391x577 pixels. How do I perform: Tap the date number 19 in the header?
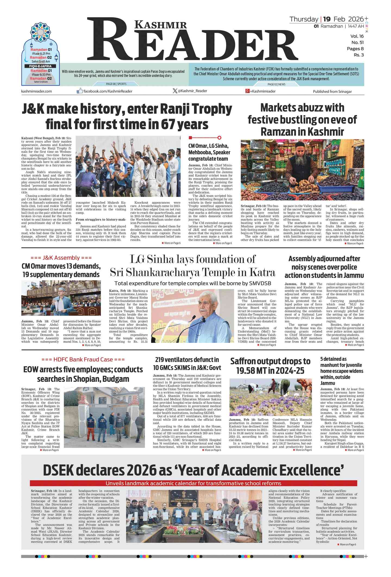(327, 19)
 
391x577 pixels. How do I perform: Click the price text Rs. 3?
(358, 55)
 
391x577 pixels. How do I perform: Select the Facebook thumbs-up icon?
(80, 91)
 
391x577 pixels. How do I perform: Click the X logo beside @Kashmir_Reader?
(175, 91)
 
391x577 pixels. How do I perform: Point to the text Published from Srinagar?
(332, 91)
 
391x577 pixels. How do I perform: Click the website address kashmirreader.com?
(36, 91)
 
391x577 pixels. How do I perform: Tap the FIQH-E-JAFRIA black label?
(40, 66)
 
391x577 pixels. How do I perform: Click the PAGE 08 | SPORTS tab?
(116, 84)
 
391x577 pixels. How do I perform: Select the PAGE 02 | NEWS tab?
(276, 84)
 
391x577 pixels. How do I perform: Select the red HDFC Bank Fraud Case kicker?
(83, 359)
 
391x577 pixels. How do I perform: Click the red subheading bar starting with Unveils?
(193, 483)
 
